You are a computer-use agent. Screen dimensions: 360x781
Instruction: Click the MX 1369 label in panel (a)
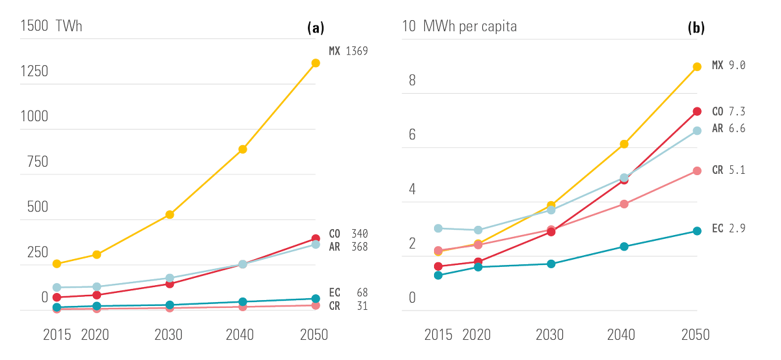348,51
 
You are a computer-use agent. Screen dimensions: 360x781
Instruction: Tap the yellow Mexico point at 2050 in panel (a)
316,63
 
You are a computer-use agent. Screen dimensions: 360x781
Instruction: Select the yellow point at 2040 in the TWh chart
243,149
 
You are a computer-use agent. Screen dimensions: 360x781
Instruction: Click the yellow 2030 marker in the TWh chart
169,214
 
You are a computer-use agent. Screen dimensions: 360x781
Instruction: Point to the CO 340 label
348,234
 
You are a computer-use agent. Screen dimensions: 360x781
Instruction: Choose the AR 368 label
348,247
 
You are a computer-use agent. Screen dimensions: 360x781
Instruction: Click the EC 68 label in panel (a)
348,293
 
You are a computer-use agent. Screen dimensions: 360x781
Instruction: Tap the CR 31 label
348,306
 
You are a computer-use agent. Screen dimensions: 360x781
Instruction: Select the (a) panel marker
315,28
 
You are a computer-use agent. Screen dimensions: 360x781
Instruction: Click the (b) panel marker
696,28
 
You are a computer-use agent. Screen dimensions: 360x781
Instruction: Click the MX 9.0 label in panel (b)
728,65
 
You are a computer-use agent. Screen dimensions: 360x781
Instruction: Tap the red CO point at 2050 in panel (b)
696,111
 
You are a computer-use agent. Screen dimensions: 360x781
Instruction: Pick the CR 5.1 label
728,170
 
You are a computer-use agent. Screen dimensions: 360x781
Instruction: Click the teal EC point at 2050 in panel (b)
696,231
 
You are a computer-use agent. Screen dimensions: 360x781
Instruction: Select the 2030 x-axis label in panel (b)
550,335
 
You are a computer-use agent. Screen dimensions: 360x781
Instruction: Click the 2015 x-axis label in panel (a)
57,335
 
